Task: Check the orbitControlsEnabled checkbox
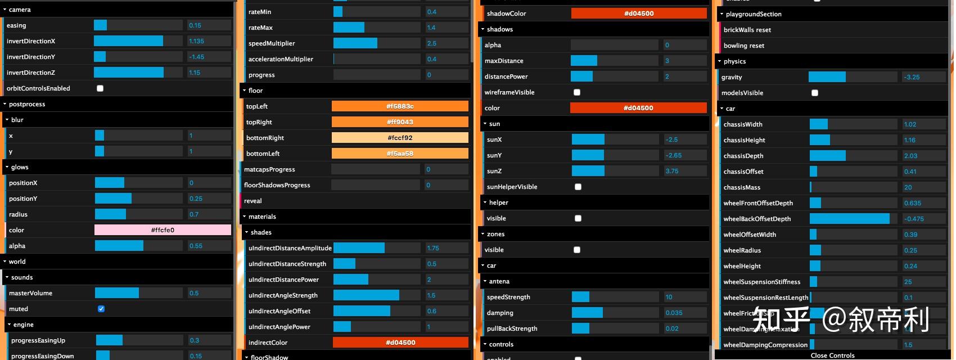coord(100,88)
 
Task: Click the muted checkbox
coord(101,309)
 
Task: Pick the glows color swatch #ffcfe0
coord(163,230)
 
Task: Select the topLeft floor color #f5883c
coord(400,106)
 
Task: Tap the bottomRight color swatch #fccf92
coord(400,138)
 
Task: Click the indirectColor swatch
coord(400,343)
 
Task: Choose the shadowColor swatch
coord(639,13)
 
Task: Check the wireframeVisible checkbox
coord(577,92)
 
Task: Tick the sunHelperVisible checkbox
coord(578,187)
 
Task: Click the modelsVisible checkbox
coord(815,93)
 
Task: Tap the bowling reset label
coord(744,46)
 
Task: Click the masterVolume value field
coord(209,293)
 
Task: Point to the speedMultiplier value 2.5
coord(447,43)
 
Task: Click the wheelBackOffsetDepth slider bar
coord(853,219)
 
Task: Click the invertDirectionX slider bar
coord(138,41)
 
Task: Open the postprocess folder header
coord(27,104)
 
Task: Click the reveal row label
coord(253,201)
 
